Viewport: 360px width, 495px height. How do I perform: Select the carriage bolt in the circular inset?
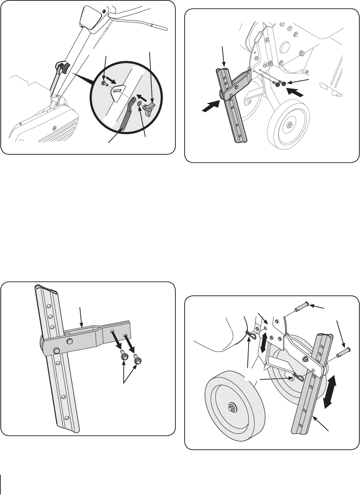pos(103,83)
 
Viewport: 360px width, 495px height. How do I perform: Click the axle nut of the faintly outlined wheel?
pos(288,126)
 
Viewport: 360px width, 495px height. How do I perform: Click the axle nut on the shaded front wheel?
pos(232,406)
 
